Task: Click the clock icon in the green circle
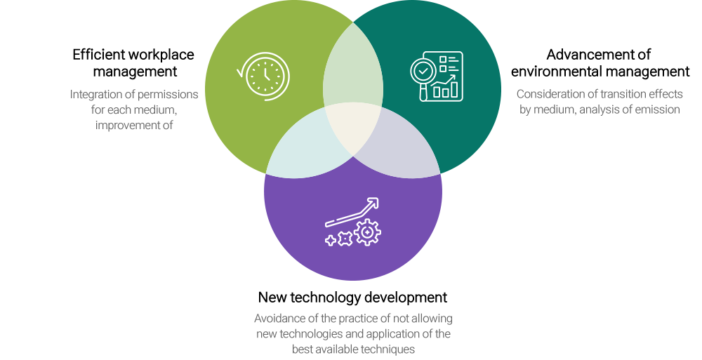(266, 75)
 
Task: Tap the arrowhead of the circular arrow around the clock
(241, 71)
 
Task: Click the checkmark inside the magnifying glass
(423, 70)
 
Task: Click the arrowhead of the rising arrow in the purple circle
(373, 203)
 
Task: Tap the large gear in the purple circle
(367, 232)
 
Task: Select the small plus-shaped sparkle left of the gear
(330, 240)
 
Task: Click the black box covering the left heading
(134, 64)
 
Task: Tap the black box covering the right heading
(600, 63)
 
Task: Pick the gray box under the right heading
(600, 102)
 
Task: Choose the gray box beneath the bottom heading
(353, 335)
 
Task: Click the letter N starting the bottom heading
(263, 298)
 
